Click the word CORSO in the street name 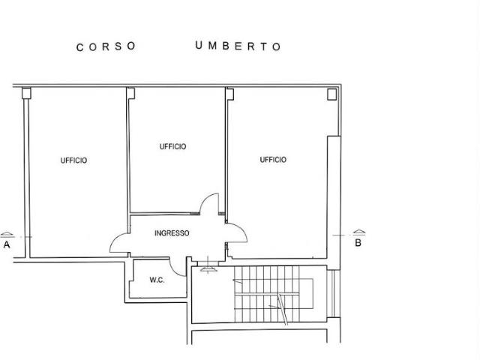pos(106,46)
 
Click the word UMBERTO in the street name pos(238,46)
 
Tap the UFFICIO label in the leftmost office pos(73,160)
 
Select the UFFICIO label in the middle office pos(172,147)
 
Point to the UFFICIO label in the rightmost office pos(273,160)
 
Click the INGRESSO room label pos(172,233)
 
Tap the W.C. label pos(157,280)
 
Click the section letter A pos(7,245)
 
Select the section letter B pos(358,243)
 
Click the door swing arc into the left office pos(115,239)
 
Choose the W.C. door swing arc pos(174,271)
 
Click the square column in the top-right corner pos(331,94)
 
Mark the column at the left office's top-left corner pos(27,93)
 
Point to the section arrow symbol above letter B pos(359,232)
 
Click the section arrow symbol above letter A pos(7,235)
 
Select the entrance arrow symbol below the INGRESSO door pos(208,269)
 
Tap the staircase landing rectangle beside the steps pos(306,293)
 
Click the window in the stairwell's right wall pos(333,293)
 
